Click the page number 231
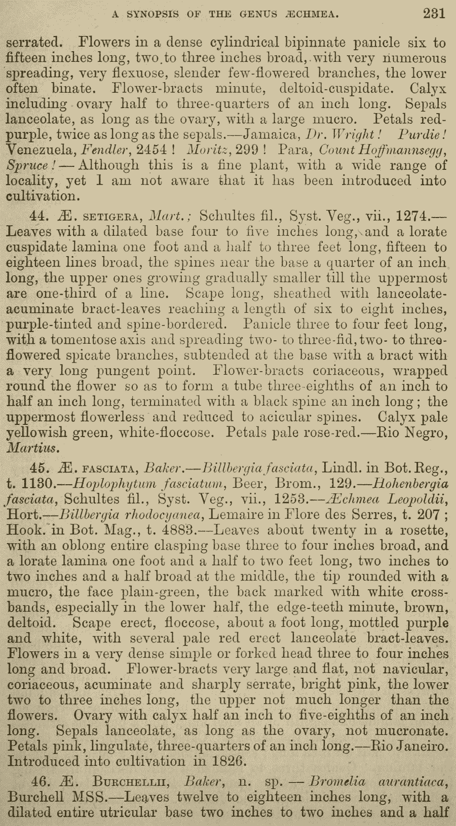pyautogui.click(x=434, y=14)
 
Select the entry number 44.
pyautogui.click(x=40, y=217)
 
